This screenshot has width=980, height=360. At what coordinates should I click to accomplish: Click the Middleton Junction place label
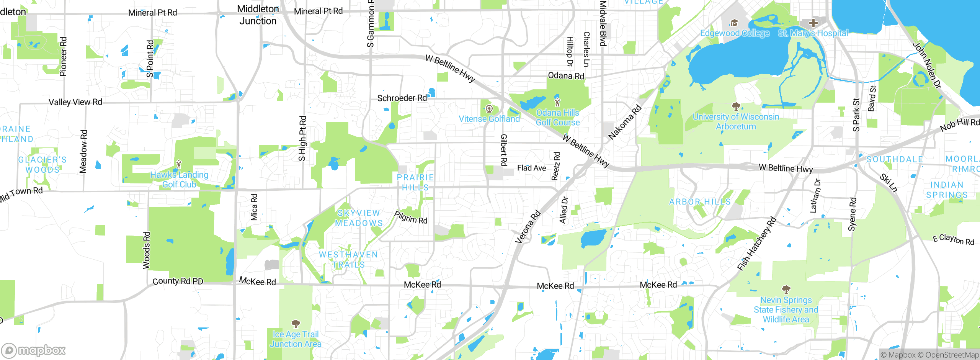click(258, 15)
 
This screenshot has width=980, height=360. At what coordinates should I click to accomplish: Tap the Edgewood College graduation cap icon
click(734, 23)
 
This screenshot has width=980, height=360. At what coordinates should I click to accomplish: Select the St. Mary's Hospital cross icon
click(813, 23)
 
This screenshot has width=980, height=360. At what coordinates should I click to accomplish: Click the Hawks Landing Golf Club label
click(179, 179)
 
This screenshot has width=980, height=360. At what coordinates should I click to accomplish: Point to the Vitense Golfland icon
click(489, 109)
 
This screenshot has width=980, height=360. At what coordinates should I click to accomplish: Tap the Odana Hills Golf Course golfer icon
click(557, 102)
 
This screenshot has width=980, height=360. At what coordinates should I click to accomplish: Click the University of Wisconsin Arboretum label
click(736, 121)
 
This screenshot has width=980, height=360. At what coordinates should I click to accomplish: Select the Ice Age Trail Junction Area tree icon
click(296, 324)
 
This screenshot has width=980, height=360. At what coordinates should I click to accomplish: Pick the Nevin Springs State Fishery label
click(786, 309)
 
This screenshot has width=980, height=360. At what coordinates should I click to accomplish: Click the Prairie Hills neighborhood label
click(415, 182)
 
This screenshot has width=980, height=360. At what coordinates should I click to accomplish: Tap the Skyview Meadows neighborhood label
click(359, 218)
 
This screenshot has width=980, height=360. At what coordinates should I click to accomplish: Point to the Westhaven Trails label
click(348, 259)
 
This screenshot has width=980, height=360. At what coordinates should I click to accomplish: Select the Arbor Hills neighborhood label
click(700, 202)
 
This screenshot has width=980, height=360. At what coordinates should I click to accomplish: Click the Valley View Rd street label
click(75, 102)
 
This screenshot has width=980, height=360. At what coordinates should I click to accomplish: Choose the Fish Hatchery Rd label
click(756, 244)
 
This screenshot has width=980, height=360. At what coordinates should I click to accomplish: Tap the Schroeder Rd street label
click(402, 98)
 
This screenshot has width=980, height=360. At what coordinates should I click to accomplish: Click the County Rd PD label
click(178, 281)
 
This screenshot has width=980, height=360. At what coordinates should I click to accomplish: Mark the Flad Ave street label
click(531, 168)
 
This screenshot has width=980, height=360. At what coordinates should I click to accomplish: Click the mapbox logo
click(34, 350)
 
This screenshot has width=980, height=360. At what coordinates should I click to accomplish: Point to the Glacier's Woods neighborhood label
click(42, 165)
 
